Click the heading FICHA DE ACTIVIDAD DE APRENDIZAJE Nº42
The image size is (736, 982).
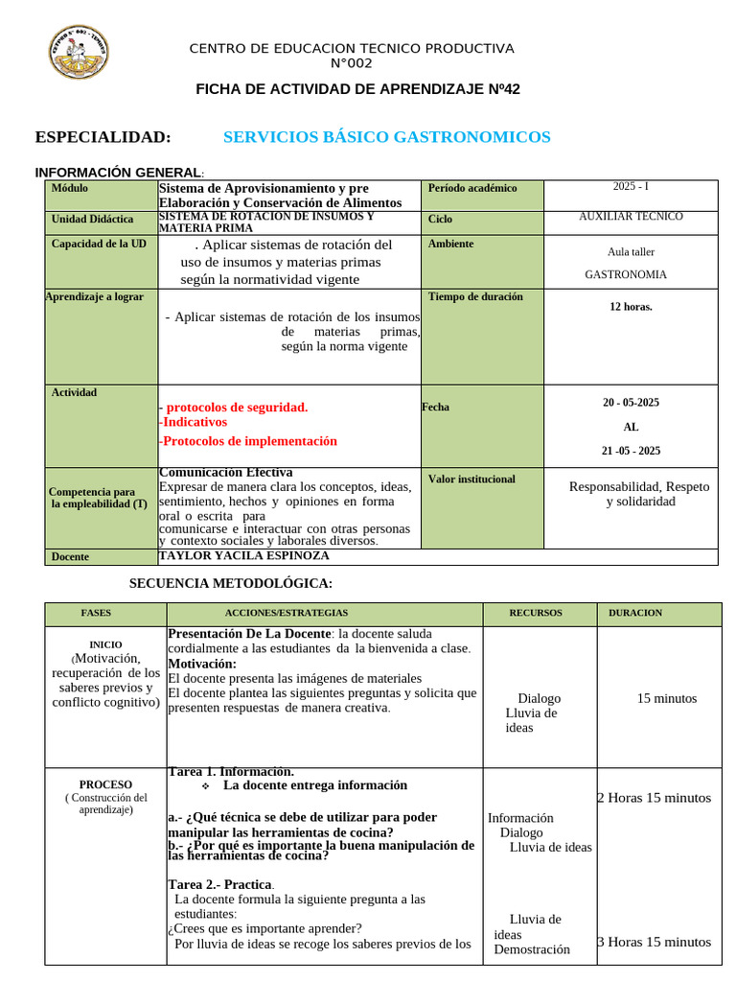[357, 89]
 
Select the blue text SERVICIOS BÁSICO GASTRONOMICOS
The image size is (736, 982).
[386, 137]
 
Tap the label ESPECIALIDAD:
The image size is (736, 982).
[103, 137]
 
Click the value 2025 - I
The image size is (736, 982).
[631, 187]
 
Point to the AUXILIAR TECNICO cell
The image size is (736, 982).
[631, 217]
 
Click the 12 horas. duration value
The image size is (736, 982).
[631, 307]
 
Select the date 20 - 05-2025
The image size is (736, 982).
[631, 403]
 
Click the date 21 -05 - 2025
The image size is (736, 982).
[631, 451]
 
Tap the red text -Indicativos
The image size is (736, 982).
[193, 422]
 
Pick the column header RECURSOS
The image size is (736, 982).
[536, 613]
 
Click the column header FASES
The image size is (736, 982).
[96, 613]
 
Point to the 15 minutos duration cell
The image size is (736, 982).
[667, 699]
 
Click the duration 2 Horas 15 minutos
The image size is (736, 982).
[655, 798]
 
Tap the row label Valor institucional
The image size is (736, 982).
[471, 479]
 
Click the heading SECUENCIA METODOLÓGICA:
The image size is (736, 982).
[231, 583]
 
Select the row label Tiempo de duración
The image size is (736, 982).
[475, 297]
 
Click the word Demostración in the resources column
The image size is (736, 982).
[532, 950]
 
